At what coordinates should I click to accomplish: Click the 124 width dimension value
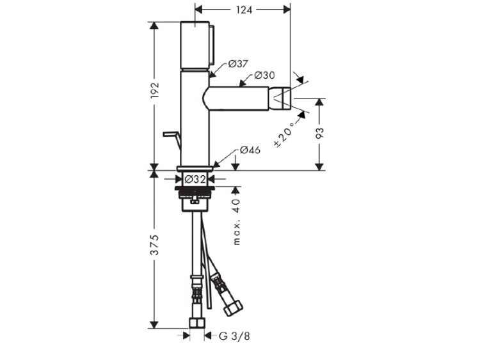tap(244, 10)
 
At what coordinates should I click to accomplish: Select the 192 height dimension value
tap(155, 90)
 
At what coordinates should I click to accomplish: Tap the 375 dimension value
tap(155, 245)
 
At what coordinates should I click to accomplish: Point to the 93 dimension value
tap(319, 133)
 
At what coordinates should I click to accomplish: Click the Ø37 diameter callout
tap(238, 64)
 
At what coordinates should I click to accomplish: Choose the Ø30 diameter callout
tap(264, 75)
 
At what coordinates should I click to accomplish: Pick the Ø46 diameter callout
tap(250, 150)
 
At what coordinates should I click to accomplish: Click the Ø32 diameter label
tap(196, 179)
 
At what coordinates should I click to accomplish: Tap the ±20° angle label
tap(285, 134)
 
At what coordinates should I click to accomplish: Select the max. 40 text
tap(237, 222)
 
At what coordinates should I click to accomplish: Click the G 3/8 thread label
tap(234, 336)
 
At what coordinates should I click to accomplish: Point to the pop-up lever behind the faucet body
tap(172, 140)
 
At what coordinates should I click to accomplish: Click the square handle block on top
tap(195, 45)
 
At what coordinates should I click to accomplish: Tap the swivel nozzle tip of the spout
tap(280, 98)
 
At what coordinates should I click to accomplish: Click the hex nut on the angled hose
tap(233, 308)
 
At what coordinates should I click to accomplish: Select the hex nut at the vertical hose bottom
tap(197, 324)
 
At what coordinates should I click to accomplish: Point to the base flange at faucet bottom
tap(195, 168)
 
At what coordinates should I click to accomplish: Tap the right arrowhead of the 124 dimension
tap(287, 10)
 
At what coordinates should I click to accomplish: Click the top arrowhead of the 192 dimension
tap(155, 26)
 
